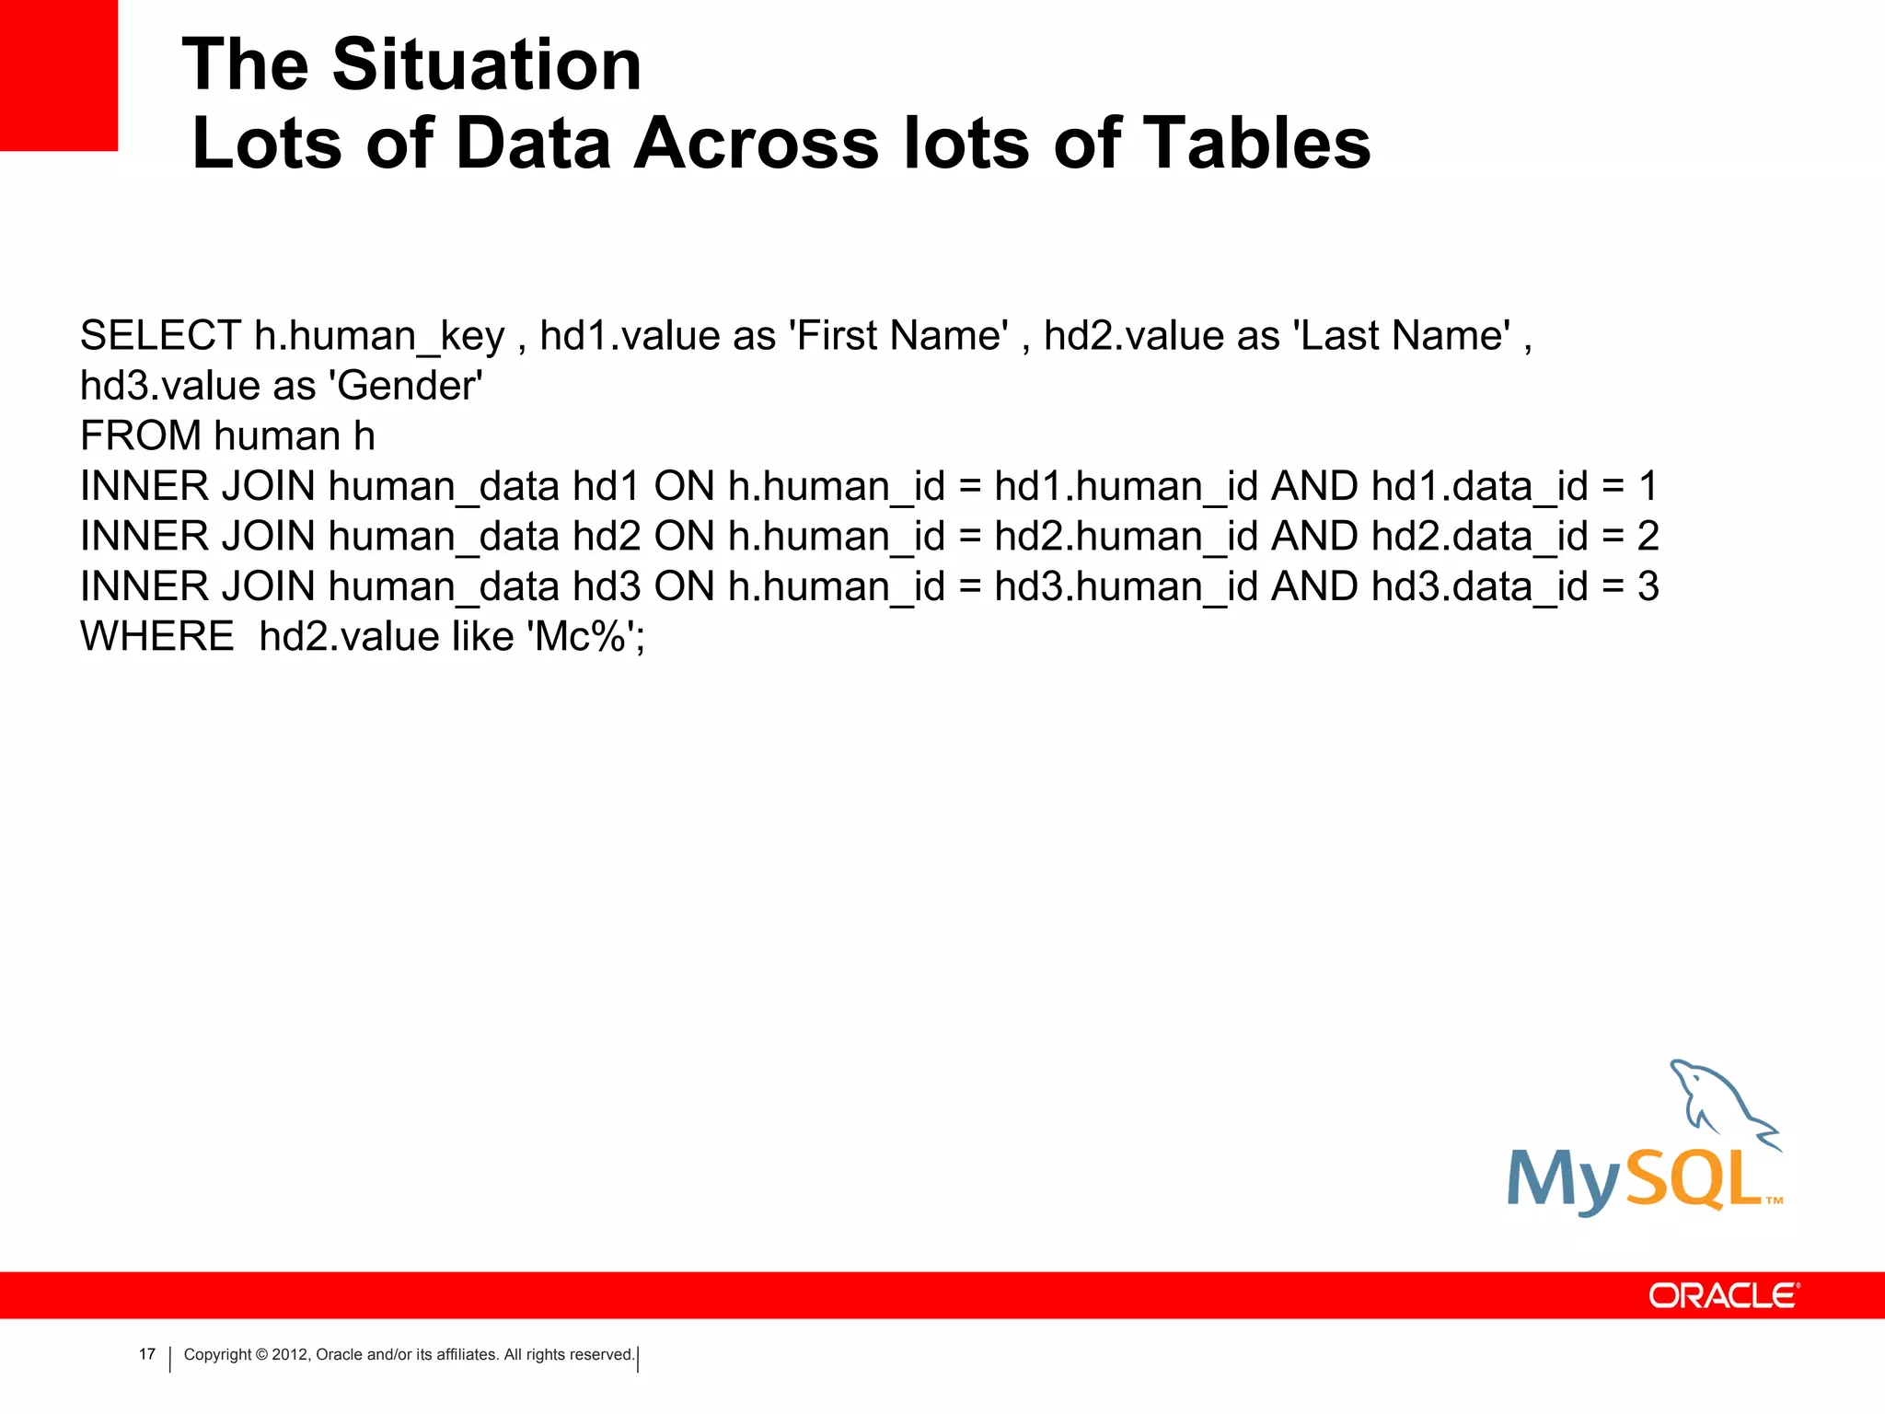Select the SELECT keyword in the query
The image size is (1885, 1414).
(160, 336)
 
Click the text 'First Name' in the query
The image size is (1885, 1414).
(899, 336)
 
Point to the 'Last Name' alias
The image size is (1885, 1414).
(1402, 336)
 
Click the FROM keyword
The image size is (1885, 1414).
(141, 436)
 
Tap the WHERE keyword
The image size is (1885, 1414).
(157, 637)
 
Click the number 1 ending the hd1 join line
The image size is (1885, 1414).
(1648, 486)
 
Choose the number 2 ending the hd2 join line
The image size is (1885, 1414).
(1648, 537)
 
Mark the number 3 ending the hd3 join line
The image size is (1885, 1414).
(1648, 587)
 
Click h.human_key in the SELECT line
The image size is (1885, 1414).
(379, 336)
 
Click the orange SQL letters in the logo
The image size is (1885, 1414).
(1694, 1180)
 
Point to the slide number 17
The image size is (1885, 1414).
(147, 1354)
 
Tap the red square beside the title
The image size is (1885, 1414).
(59, 74)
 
